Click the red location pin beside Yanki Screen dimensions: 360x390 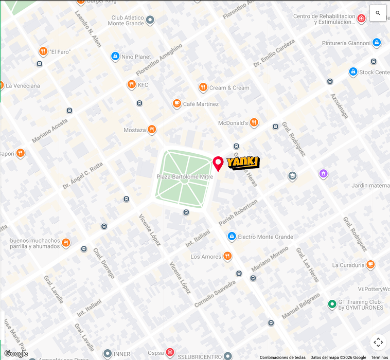pos(218,164)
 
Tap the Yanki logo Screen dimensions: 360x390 pos(243,163)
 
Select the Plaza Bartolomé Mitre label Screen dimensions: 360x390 pos(185,176)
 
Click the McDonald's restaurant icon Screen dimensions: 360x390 pos(254,123)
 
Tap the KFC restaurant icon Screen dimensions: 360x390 pos(132,85)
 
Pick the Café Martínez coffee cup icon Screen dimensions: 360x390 pos(177,104)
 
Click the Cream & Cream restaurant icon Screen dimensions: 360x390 pos(203,87)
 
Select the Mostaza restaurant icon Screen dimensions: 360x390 pos(151,130)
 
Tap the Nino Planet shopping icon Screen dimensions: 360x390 pos(115,57)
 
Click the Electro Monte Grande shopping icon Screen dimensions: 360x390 pos(232,237)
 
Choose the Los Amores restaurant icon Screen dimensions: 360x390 pos(227,257)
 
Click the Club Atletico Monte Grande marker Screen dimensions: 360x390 pos(150,21)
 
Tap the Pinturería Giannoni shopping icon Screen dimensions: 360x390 pos(377,43)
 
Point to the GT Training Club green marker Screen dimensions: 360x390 pos(332,304)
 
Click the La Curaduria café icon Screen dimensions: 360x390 pos(370,265)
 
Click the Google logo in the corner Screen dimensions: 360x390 pos(15,353)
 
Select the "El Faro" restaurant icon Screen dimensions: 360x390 pos(43,51)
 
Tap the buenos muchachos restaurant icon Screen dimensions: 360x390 pos(66,243)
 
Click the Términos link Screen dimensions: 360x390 pos(380,357)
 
